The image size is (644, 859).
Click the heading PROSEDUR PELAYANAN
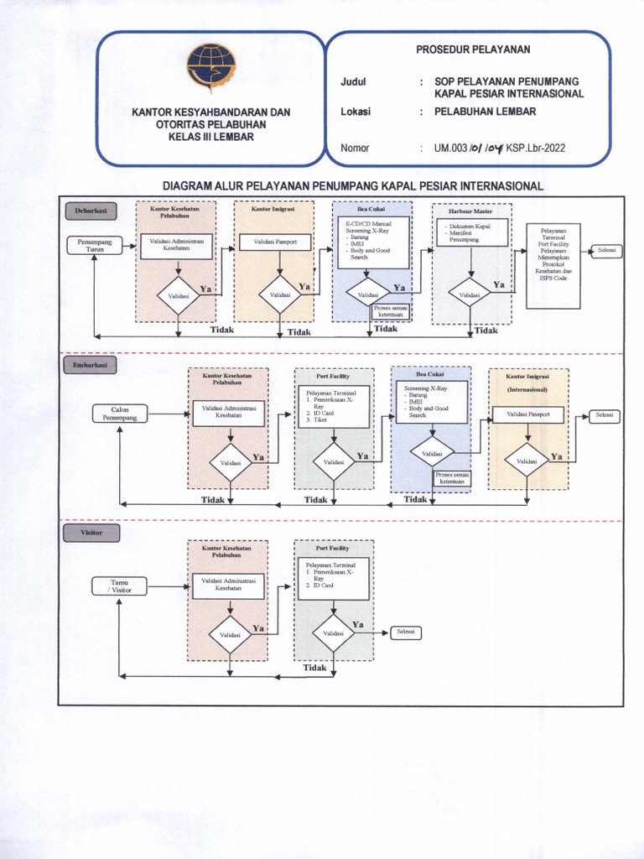tap(473, 49)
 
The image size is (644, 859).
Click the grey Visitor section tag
tap(91, 533)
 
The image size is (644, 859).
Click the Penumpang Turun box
tap(94, 245)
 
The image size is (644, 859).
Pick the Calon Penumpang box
tap(120, 413)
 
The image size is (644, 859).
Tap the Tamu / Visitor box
tap(120, 586)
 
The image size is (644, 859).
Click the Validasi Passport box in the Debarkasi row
tap(274, 242)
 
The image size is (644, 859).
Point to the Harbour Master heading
tap(470, 211)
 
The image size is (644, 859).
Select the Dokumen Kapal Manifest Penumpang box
tap(472, 232)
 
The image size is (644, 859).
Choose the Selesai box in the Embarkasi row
tap(604, 415)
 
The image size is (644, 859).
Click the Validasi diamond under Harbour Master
tap(470, 294)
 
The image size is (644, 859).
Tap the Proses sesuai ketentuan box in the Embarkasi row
tap(452, 478)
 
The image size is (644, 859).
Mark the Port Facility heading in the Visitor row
tap(332, 548)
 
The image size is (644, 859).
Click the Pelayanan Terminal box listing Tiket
tap(334, 407)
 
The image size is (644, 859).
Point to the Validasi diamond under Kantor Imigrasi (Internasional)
tap(527, 461)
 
